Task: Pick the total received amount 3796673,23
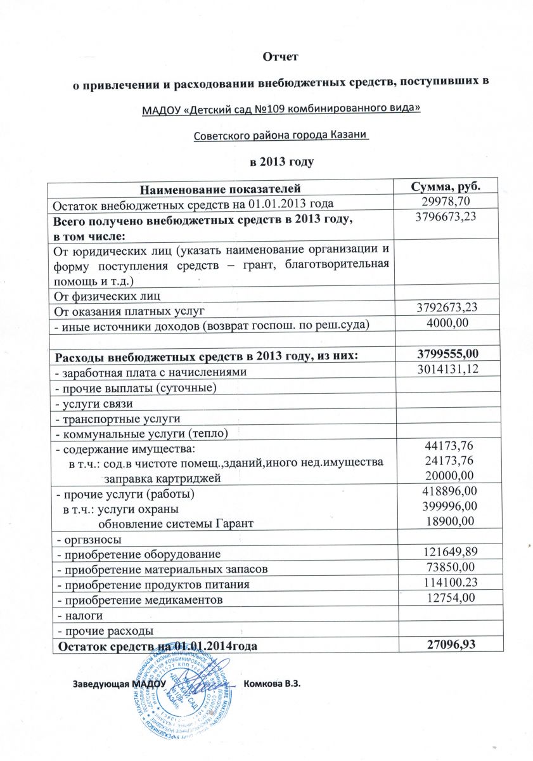tap(446, 217)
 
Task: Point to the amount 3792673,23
tap(446, 308)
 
